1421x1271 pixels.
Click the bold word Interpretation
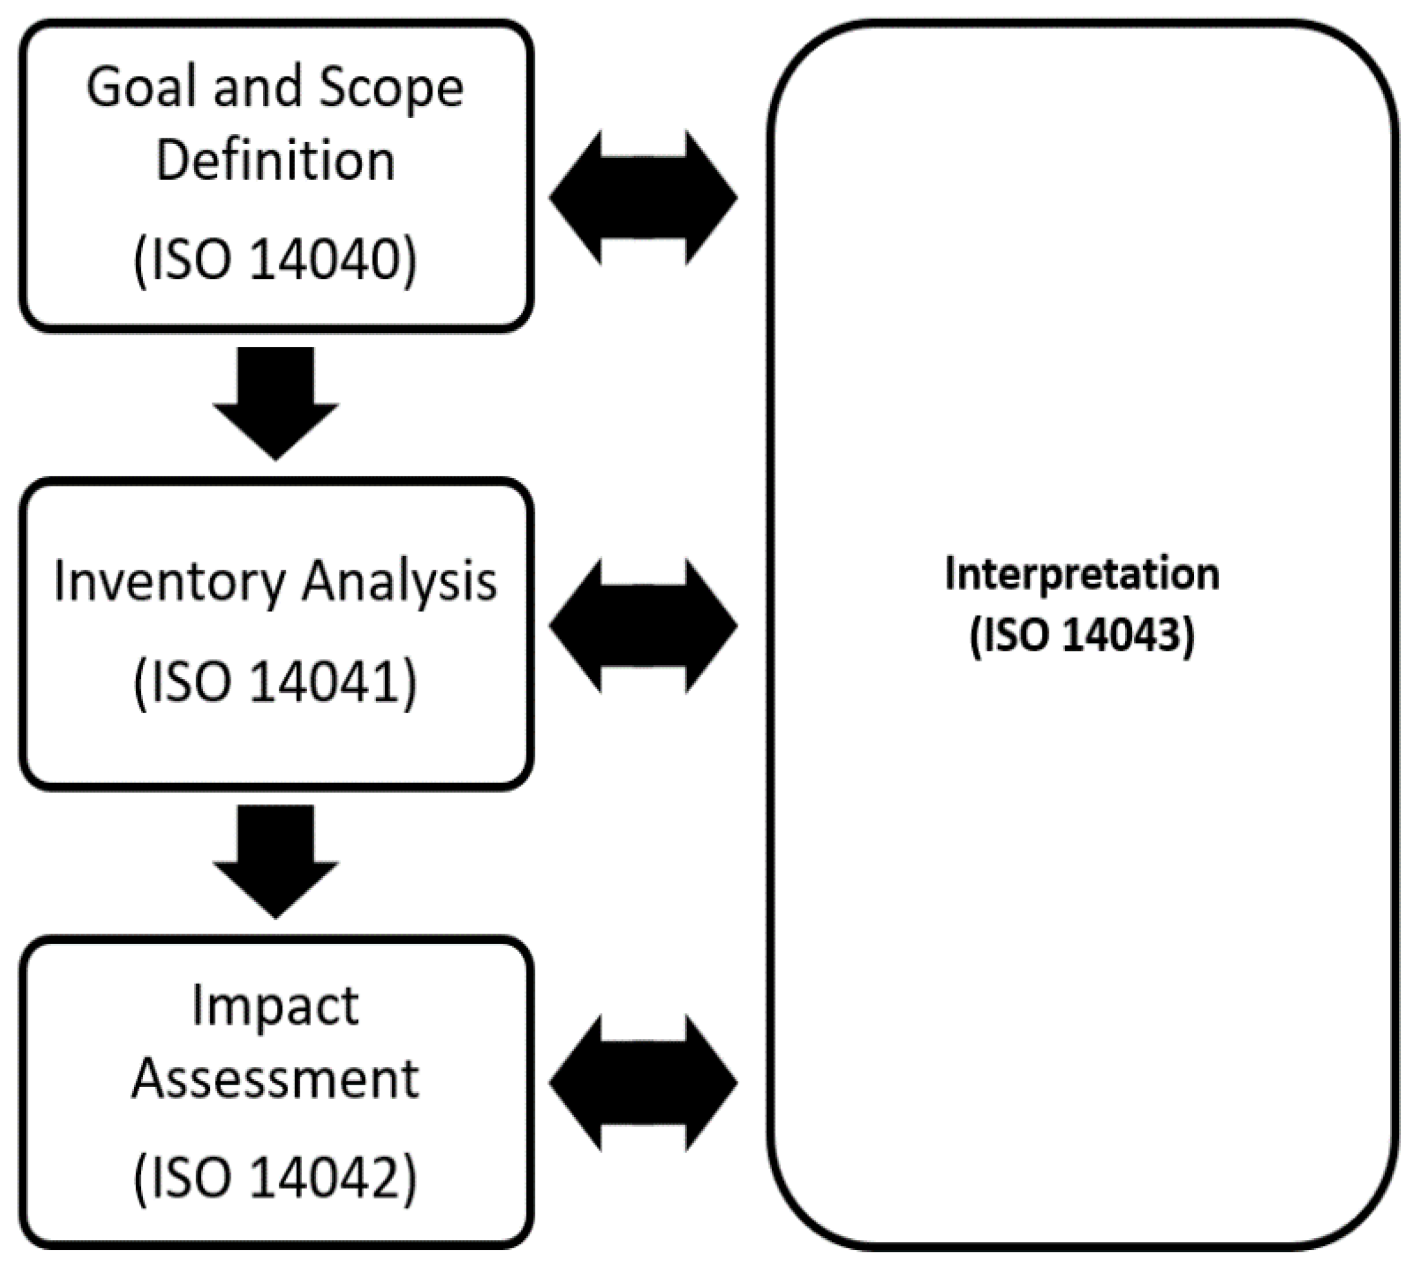[1082, 575]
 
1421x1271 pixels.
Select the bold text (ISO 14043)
[1082, 636]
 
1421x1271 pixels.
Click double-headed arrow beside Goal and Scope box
[643, 198]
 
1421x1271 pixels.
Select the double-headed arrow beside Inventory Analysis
[643, 626]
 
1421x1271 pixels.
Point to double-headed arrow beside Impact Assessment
[643, 1083]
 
